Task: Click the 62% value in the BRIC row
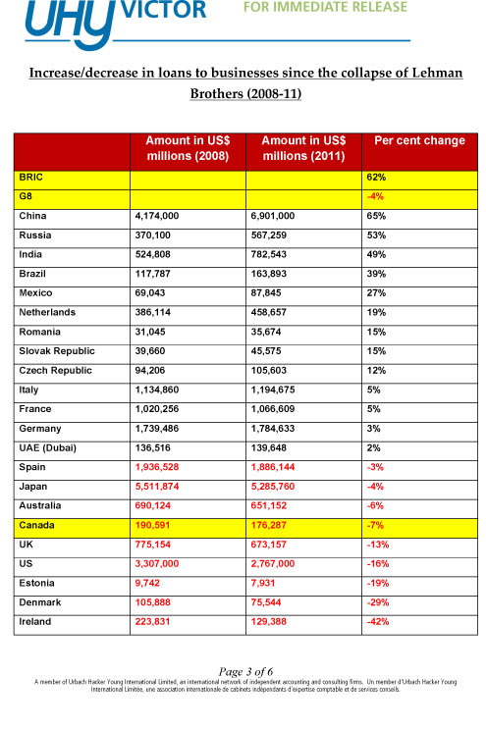tap(376, 179)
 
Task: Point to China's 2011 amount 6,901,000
tap(282, 216)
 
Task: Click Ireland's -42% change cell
tap(378, 621)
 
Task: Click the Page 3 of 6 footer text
tap(243, 670)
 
